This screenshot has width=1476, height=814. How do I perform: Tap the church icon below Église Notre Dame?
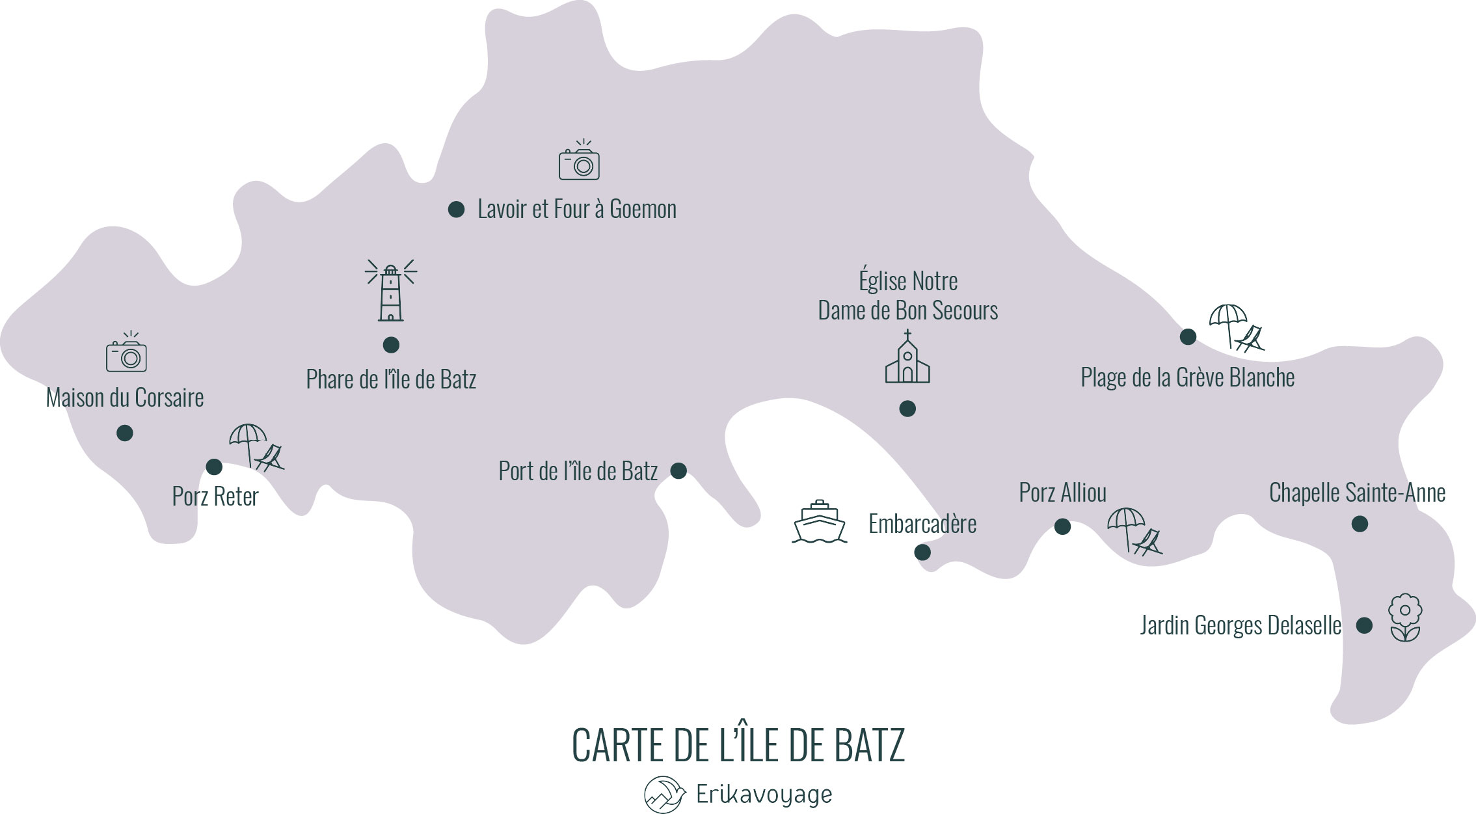(x=907, y=359)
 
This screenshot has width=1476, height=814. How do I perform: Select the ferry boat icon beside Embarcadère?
(x=820, y=522)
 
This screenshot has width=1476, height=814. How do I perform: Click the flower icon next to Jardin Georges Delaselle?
(x=1405, y=617)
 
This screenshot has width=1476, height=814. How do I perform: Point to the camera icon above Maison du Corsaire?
(x=126, y=353)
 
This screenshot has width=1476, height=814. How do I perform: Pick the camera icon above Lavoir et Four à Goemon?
(x=579, y=161)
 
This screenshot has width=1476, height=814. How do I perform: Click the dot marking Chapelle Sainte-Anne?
(x=1360, y=524)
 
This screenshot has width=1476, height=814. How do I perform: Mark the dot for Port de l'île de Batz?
(x=678, y=470)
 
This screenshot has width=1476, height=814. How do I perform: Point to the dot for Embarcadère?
(x=922, y=552)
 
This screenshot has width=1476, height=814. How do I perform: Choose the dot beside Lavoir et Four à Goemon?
(x=457, y=210)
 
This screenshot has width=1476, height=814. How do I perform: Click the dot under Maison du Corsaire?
(x=125, y=433)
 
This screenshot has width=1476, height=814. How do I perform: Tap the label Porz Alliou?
(x=1062, y=493)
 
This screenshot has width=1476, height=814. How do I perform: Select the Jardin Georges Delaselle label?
(x=1241, y=625)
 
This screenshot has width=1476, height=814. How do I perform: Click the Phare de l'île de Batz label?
(x=391, y=379)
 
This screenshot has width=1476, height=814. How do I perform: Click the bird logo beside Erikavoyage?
(x=664, y=794)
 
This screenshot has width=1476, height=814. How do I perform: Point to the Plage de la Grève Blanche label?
(x=1187, y=377)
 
